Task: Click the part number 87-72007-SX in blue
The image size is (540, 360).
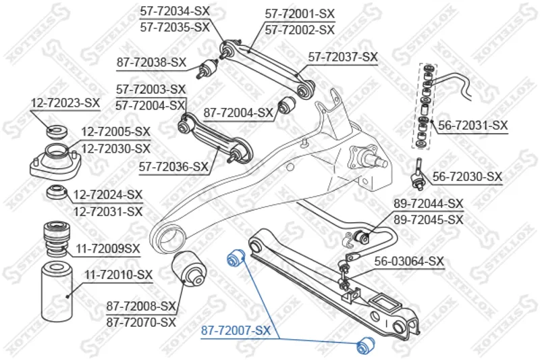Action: click(x=236, y=331)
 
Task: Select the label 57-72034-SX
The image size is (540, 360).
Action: click(x=175, y=11)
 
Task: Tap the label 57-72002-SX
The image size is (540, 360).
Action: click(x=299, y=30)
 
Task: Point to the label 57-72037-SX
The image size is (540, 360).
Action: click(x=343, y=57)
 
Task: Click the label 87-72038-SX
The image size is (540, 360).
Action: click(x=151, y=62)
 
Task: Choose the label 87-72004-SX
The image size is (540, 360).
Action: click(x=238, y=113)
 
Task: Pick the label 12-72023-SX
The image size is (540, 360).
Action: click(x=65, y=103)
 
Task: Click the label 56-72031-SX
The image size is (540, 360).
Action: click(x=473, y=125)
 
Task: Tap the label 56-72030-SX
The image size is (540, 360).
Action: click(x=467, y=177)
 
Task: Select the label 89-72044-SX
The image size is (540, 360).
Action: click(x=428, y=203)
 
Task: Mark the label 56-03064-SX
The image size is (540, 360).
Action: click(x=409, y=261)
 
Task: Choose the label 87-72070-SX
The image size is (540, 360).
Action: click(x=140, y=323)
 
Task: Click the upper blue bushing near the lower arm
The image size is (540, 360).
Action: click(x=236, y=257)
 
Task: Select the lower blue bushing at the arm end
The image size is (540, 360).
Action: click(x=367, y=344)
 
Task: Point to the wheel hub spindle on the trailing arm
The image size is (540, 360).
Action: click(x=373, y=159)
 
